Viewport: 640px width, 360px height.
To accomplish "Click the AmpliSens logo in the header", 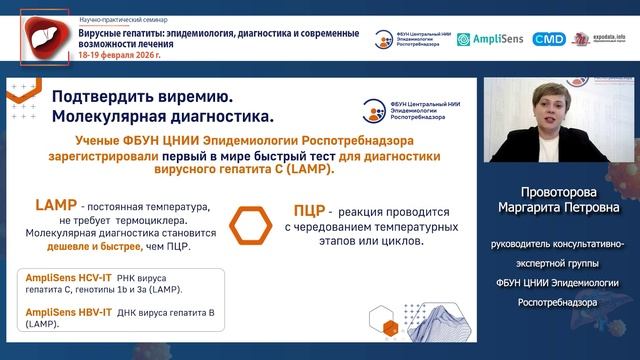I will (490, 39).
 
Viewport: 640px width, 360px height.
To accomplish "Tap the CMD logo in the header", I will (548, 39).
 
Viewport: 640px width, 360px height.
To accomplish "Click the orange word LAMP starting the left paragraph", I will (56, 205).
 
